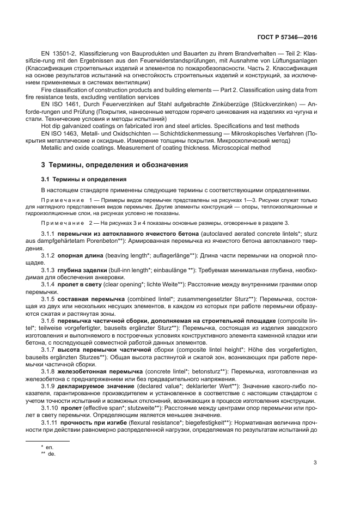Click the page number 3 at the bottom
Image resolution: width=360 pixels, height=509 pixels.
[x=316, y=463]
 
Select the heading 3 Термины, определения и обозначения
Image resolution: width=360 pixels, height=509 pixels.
[x=114, y=164]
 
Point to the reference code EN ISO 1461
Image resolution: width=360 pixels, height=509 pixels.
[x=58, y=103]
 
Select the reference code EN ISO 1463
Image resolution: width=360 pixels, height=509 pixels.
[x=58, y=133]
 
